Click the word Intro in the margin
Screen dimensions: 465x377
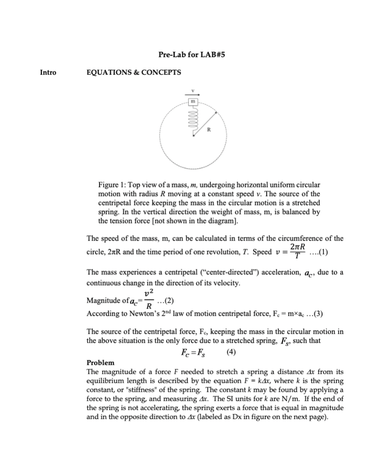click(x=49, y=72)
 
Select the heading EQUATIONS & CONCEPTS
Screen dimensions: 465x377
click(x=134, y=72)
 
